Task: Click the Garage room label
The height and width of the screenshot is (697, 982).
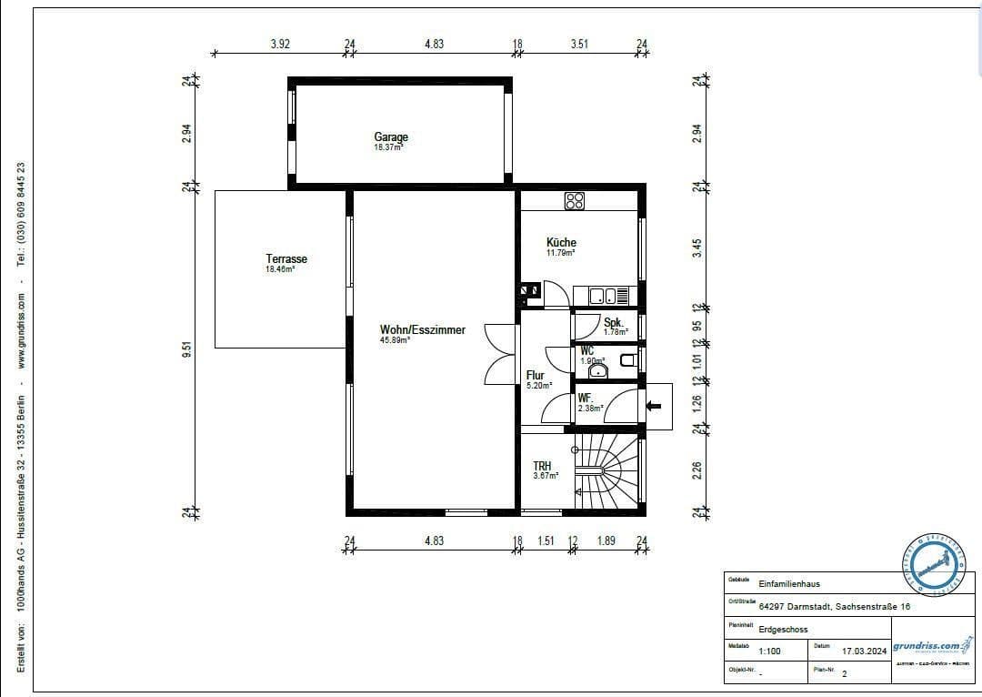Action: pyautogui.click(x=391, y=137)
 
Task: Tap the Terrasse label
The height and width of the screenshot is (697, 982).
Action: pyautogui.click(x=286, y=259)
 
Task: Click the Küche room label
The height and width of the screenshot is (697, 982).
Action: pyautogui.click(x=561, y=242)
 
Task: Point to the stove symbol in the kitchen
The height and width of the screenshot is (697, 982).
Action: pyautogui.click(x=574, y=201)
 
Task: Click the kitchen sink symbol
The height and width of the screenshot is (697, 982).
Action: pyautogui.click(x=601, y=296)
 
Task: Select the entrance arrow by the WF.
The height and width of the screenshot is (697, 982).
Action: pyautogui.click(x=654, y=405)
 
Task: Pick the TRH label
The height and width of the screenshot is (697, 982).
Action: pyautogui.click(x=542, y=466)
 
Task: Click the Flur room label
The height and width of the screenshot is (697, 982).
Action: pyautogui.click(x=535, y=375)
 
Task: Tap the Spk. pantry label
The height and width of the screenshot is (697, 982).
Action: pyautogui.click(x=613, y=322)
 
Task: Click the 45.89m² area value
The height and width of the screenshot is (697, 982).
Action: pyautogui.click(x=395, y=340)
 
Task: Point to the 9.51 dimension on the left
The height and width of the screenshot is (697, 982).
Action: pyautogui.click(x=186, y=349)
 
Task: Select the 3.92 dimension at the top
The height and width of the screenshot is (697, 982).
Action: pyautogui.click(x=280, y=44)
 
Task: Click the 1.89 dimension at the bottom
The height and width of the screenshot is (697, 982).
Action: pyautogui.click(x=606, y=540)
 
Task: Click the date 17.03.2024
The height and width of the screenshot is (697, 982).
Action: pyautogui.click(x=863, y=652)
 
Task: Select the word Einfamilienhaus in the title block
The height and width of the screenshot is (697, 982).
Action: pyautogui.click(x=788, y=584)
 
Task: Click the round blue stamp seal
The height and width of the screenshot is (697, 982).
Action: pyautogui.click(x=934, y=564)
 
